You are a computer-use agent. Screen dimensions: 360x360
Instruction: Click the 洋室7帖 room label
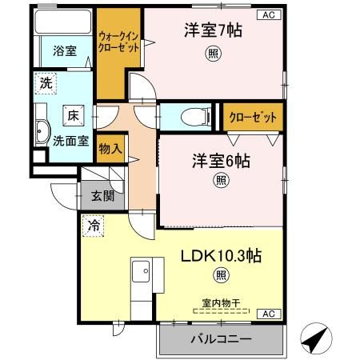[x=212, y=30]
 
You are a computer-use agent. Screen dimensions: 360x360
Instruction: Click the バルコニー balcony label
[x=221, y=338]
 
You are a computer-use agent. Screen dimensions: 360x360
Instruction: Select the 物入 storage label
[x=110, y=148]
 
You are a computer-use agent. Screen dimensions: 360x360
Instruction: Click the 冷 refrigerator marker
[x=93, y=226]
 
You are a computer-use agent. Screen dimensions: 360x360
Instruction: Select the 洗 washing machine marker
[x=46, y=82]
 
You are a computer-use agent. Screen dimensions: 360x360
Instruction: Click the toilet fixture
[x=191, y=117]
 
